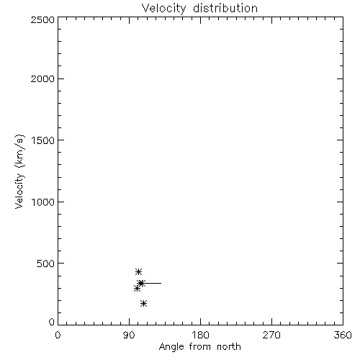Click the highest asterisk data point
click(x=138, y=271)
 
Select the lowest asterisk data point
click(x=143, y=304)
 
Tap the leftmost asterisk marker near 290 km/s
click(x=137, y=289)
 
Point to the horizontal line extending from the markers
click(x=151, y=283)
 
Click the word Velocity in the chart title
click(x=163, y=9)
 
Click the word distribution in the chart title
click(x=225, y=9)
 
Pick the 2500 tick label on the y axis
click(x=42, y=19)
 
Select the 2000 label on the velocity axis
click(x=42, y=78)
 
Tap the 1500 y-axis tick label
click(x=43, y=140)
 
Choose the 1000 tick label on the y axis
click(x=43, y=202)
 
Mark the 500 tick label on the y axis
click(x=46, y=264)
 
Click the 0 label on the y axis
click(x=52, y=322)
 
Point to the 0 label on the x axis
click(x=58, y=335)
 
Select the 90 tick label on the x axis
click(x=129, y=335)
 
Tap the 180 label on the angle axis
click(x=200, y=335)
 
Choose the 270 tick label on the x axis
click(x=271, y=335)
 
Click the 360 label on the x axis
click(x=343, y=335)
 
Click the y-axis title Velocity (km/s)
click(x=19, y=171)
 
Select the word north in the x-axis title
click(x=229, y=347)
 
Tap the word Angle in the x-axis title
click(x=171, y=347)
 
